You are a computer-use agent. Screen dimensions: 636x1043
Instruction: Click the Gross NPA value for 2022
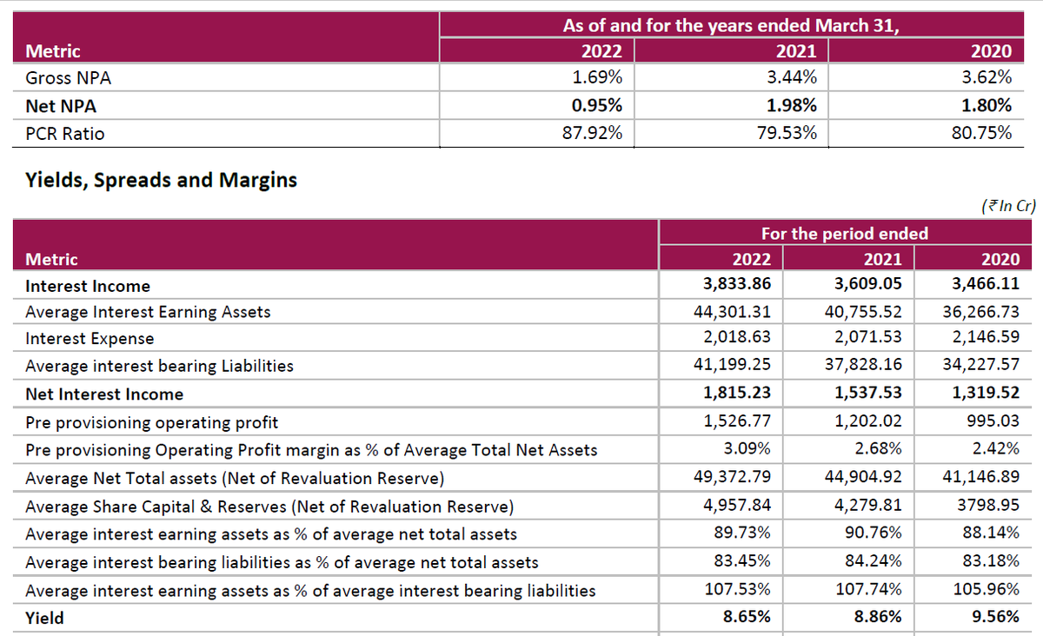pyautogui.click(x=597, y=77)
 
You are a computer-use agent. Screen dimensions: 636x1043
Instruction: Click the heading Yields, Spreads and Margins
pyautogui.click(x=162, y=181)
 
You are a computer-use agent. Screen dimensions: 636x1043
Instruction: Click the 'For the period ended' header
pyautogui.click(x=844, y=233)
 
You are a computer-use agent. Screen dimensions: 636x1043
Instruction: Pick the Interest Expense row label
pyautogui.click(x=90, y=339)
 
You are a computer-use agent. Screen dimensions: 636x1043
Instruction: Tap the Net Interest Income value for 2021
pyautogui.click(x=867, y=394)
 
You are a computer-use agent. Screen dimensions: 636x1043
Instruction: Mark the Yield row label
pyautogui.click(x=44, y=619)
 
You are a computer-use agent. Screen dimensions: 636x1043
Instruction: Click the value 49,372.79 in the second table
pyautogui.click(x=733, y=478)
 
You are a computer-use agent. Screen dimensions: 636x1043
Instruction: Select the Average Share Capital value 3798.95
pyautogui.click(x=987, y=506)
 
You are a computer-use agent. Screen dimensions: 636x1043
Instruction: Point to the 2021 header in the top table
pyautogui.click(x=795, y=50)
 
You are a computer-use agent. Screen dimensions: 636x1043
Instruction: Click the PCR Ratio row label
pyautogui.click(x=65, y=134)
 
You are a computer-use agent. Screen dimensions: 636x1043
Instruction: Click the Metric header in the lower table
pyautogui.click(x=51, y=259)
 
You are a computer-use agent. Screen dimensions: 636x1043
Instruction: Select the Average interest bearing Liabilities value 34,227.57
pyautogui.click(x=981, y=366)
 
